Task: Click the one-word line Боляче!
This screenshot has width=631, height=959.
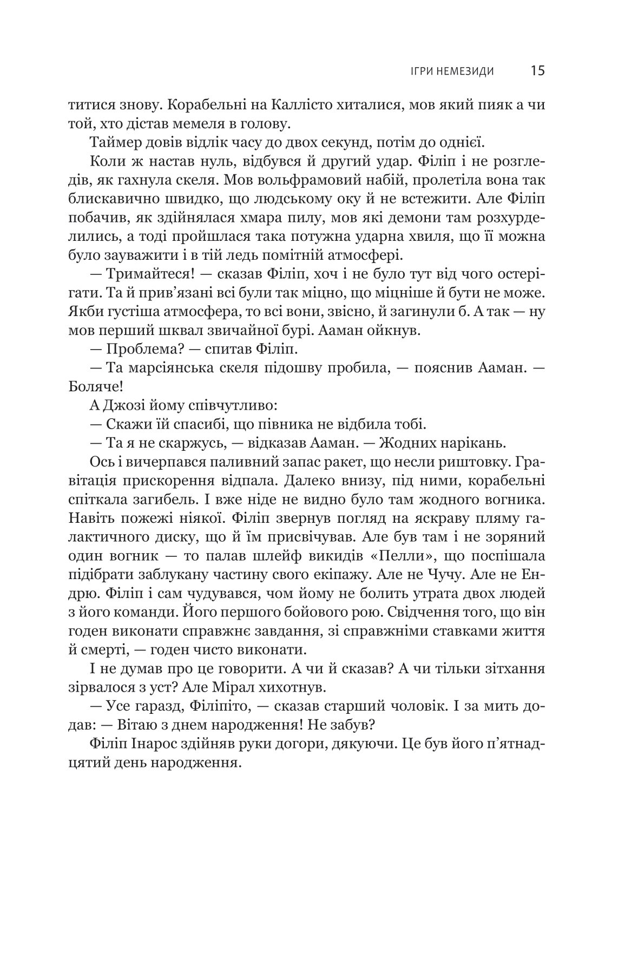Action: point(92,387)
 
